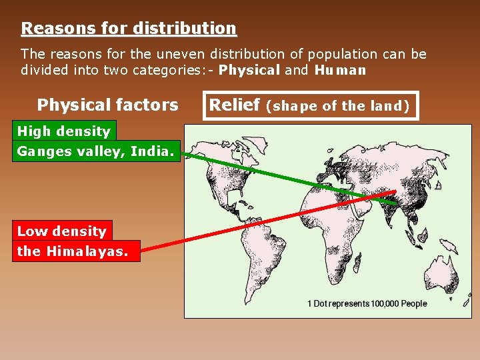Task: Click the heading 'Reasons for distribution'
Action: [129, 29]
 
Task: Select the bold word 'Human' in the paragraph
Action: [340, 70]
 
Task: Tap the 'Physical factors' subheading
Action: [107, 105]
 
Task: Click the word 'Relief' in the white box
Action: [235, 105]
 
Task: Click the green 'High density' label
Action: [63, 131]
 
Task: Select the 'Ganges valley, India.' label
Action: [95, 151]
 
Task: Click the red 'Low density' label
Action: [61, 231]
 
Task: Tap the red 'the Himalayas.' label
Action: [75, 251]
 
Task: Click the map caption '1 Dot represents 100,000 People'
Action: [367, 303]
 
